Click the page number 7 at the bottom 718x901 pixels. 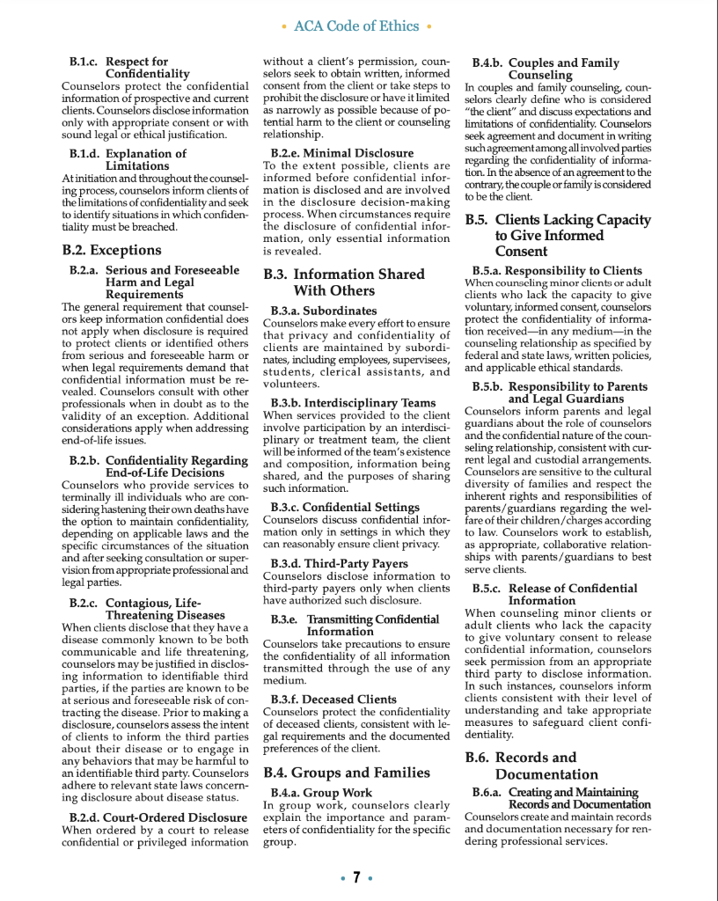coord(356,877)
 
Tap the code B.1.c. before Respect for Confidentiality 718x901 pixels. coord(84,62)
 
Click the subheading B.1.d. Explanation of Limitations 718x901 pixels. coord(128,159)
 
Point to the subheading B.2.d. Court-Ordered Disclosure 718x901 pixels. coord(158,817)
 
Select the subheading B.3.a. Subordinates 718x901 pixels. coord(323,311)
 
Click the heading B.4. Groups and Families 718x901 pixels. coord(346,773)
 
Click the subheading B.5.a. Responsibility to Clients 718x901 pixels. coord(557,271)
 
